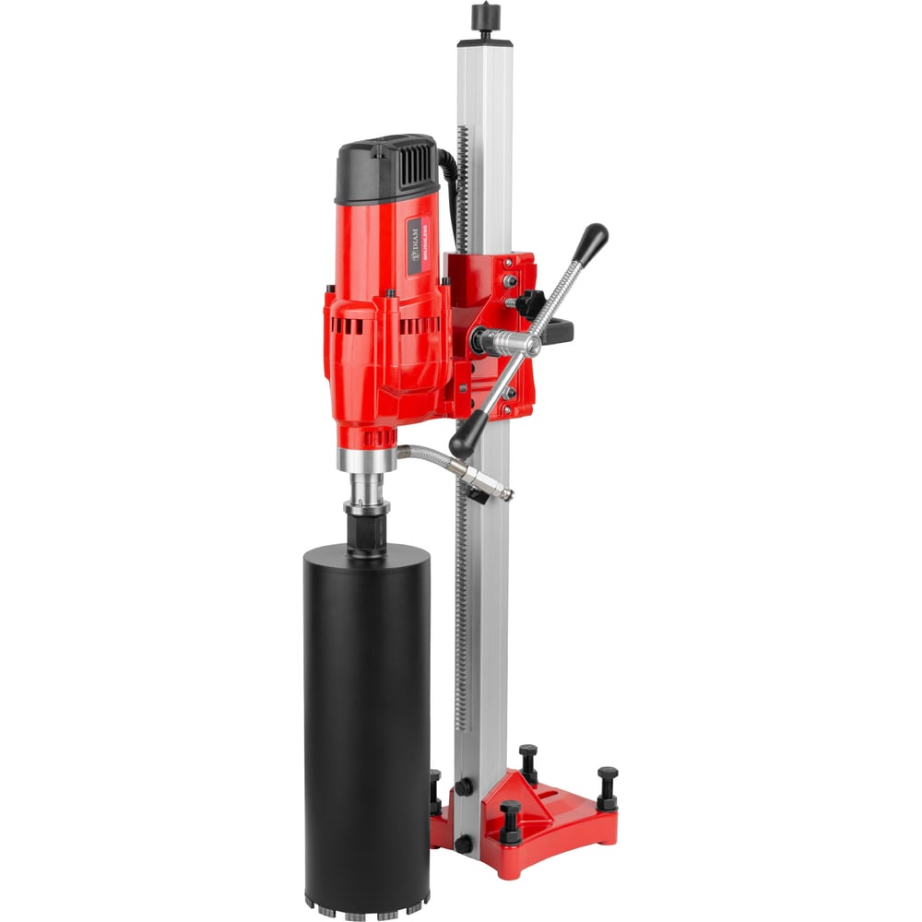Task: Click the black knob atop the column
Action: tap(484, 17)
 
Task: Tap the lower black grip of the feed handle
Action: tap(467, 432)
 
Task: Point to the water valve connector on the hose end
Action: tap(489, 484)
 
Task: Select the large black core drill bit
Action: tap(366, 710)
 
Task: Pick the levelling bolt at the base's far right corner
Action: tap(607, 788)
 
